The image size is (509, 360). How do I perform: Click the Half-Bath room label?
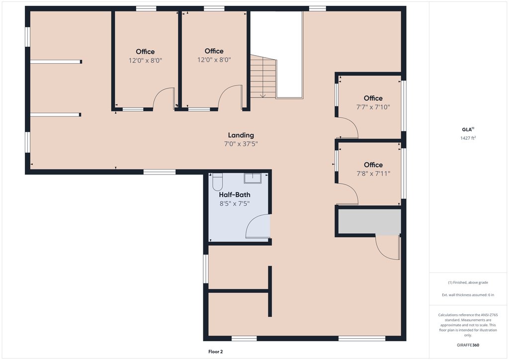[x=235, y=195]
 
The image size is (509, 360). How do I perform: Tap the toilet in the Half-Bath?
[x=218, y=182]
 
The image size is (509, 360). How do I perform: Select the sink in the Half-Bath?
[x=253, y=178]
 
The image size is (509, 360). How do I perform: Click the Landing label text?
[x=241, y=135]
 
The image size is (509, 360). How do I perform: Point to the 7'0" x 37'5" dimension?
[x=241, y=144]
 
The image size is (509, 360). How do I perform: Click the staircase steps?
[x=263, y=77]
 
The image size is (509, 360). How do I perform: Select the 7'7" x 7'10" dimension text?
[x=373, y=107]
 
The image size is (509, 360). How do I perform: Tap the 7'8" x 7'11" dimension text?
[x=373, y=174]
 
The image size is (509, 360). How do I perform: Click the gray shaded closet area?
[x=369, y=221]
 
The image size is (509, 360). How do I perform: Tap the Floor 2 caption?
[x=216, y=352]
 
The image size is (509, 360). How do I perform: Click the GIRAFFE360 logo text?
[x=468, y=345]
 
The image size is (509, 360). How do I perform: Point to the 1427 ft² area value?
[x=468, y=138]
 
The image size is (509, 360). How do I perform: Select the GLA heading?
[x=468, y=129]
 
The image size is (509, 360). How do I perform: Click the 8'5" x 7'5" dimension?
[x=235, y=203]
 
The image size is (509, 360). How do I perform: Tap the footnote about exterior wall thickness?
[x=468, y=295]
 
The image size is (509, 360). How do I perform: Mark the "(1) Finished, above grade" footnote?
[x=468, y=282]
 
